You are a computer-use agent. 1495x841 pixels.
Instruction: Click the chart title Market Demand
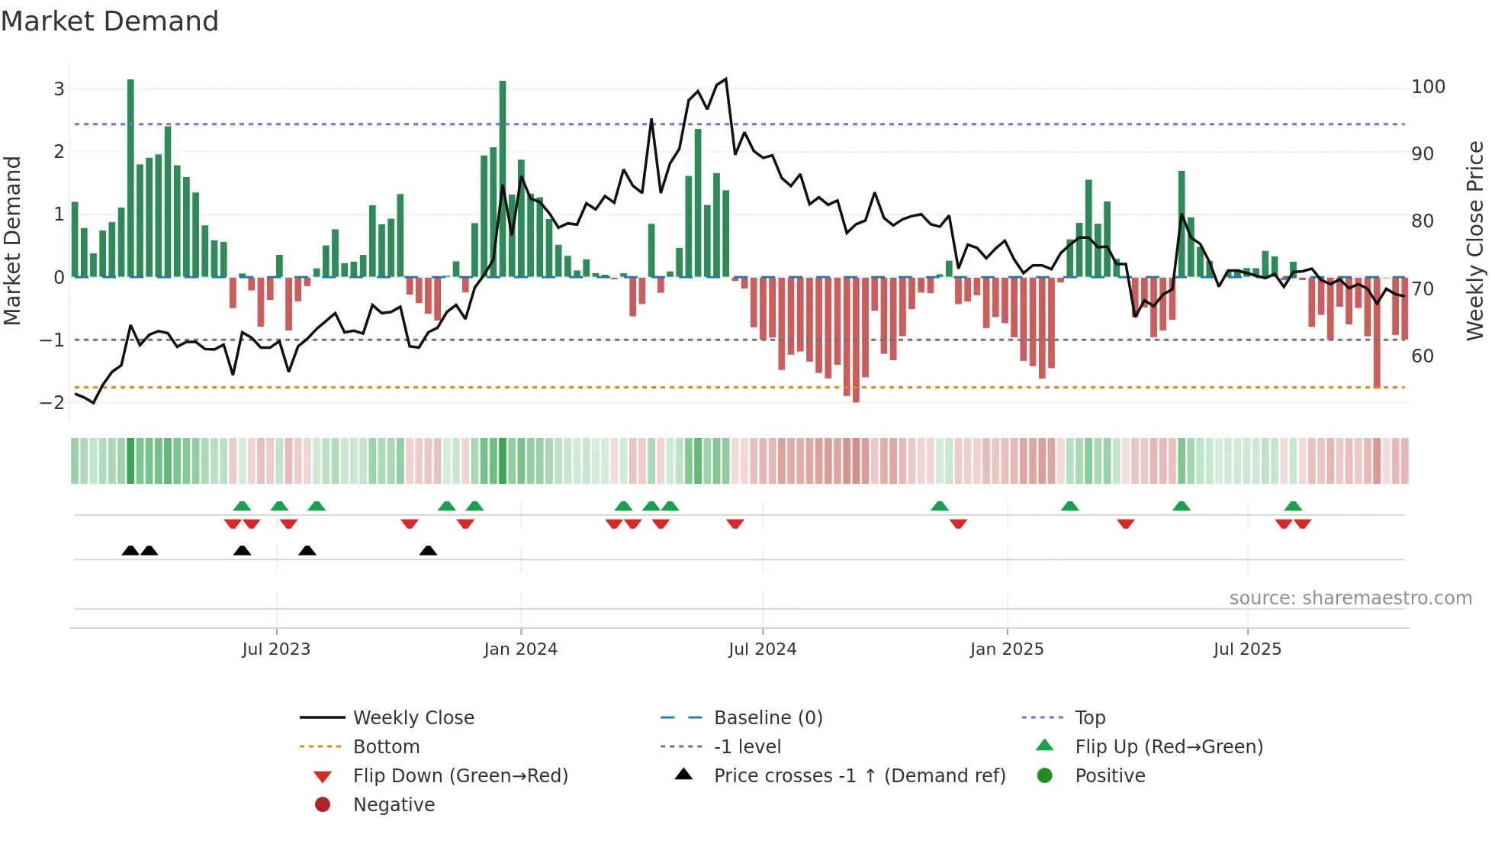(110, 21)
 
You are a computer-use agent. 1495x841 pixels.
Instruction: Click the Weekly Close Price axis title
(1475, 240)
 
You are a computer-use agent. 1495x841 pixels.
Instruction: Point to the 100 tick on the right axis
(1428, 87)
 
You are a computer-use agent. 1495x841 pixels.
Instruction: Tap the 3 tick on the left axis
(59, 89)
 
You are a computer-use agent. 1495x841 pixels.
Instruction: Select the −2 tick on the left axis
(53, 402)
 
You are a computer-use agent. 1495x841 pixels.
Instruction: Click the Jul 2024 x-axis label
(762, 649)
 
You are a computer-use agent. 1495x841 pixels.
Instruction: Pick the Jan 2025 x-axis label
(1007, 649)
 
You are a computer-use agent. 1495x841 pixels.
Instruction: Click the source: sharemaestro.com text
(1350, 598)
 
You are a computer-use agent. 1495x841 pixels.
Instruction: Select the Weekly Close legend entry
(413, 718)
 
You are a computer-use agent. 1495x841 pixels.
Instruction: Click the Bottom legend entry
(386, 747)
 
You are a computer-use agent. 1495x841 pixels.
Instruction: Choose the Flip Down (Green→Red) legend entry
(460, 776)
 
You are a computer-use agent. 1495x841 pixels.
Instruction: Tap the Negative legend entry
(394, 805)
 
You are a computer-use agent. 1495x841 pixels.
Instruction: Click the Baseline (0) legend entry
(767, 718)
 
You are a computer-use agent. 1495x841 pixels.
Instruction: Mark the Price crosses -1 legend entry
(859, 776)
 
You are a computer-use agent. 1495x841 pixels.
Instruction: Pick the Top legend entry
(1090, 718)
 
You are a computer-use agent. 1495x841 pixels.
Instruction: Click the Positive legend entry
(1110, 776)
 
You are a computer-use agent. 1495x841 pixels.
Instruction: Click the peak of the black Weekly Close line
(725, 79)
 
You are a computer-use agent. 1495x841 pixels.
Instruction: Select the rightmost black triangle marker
(428, 551)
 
